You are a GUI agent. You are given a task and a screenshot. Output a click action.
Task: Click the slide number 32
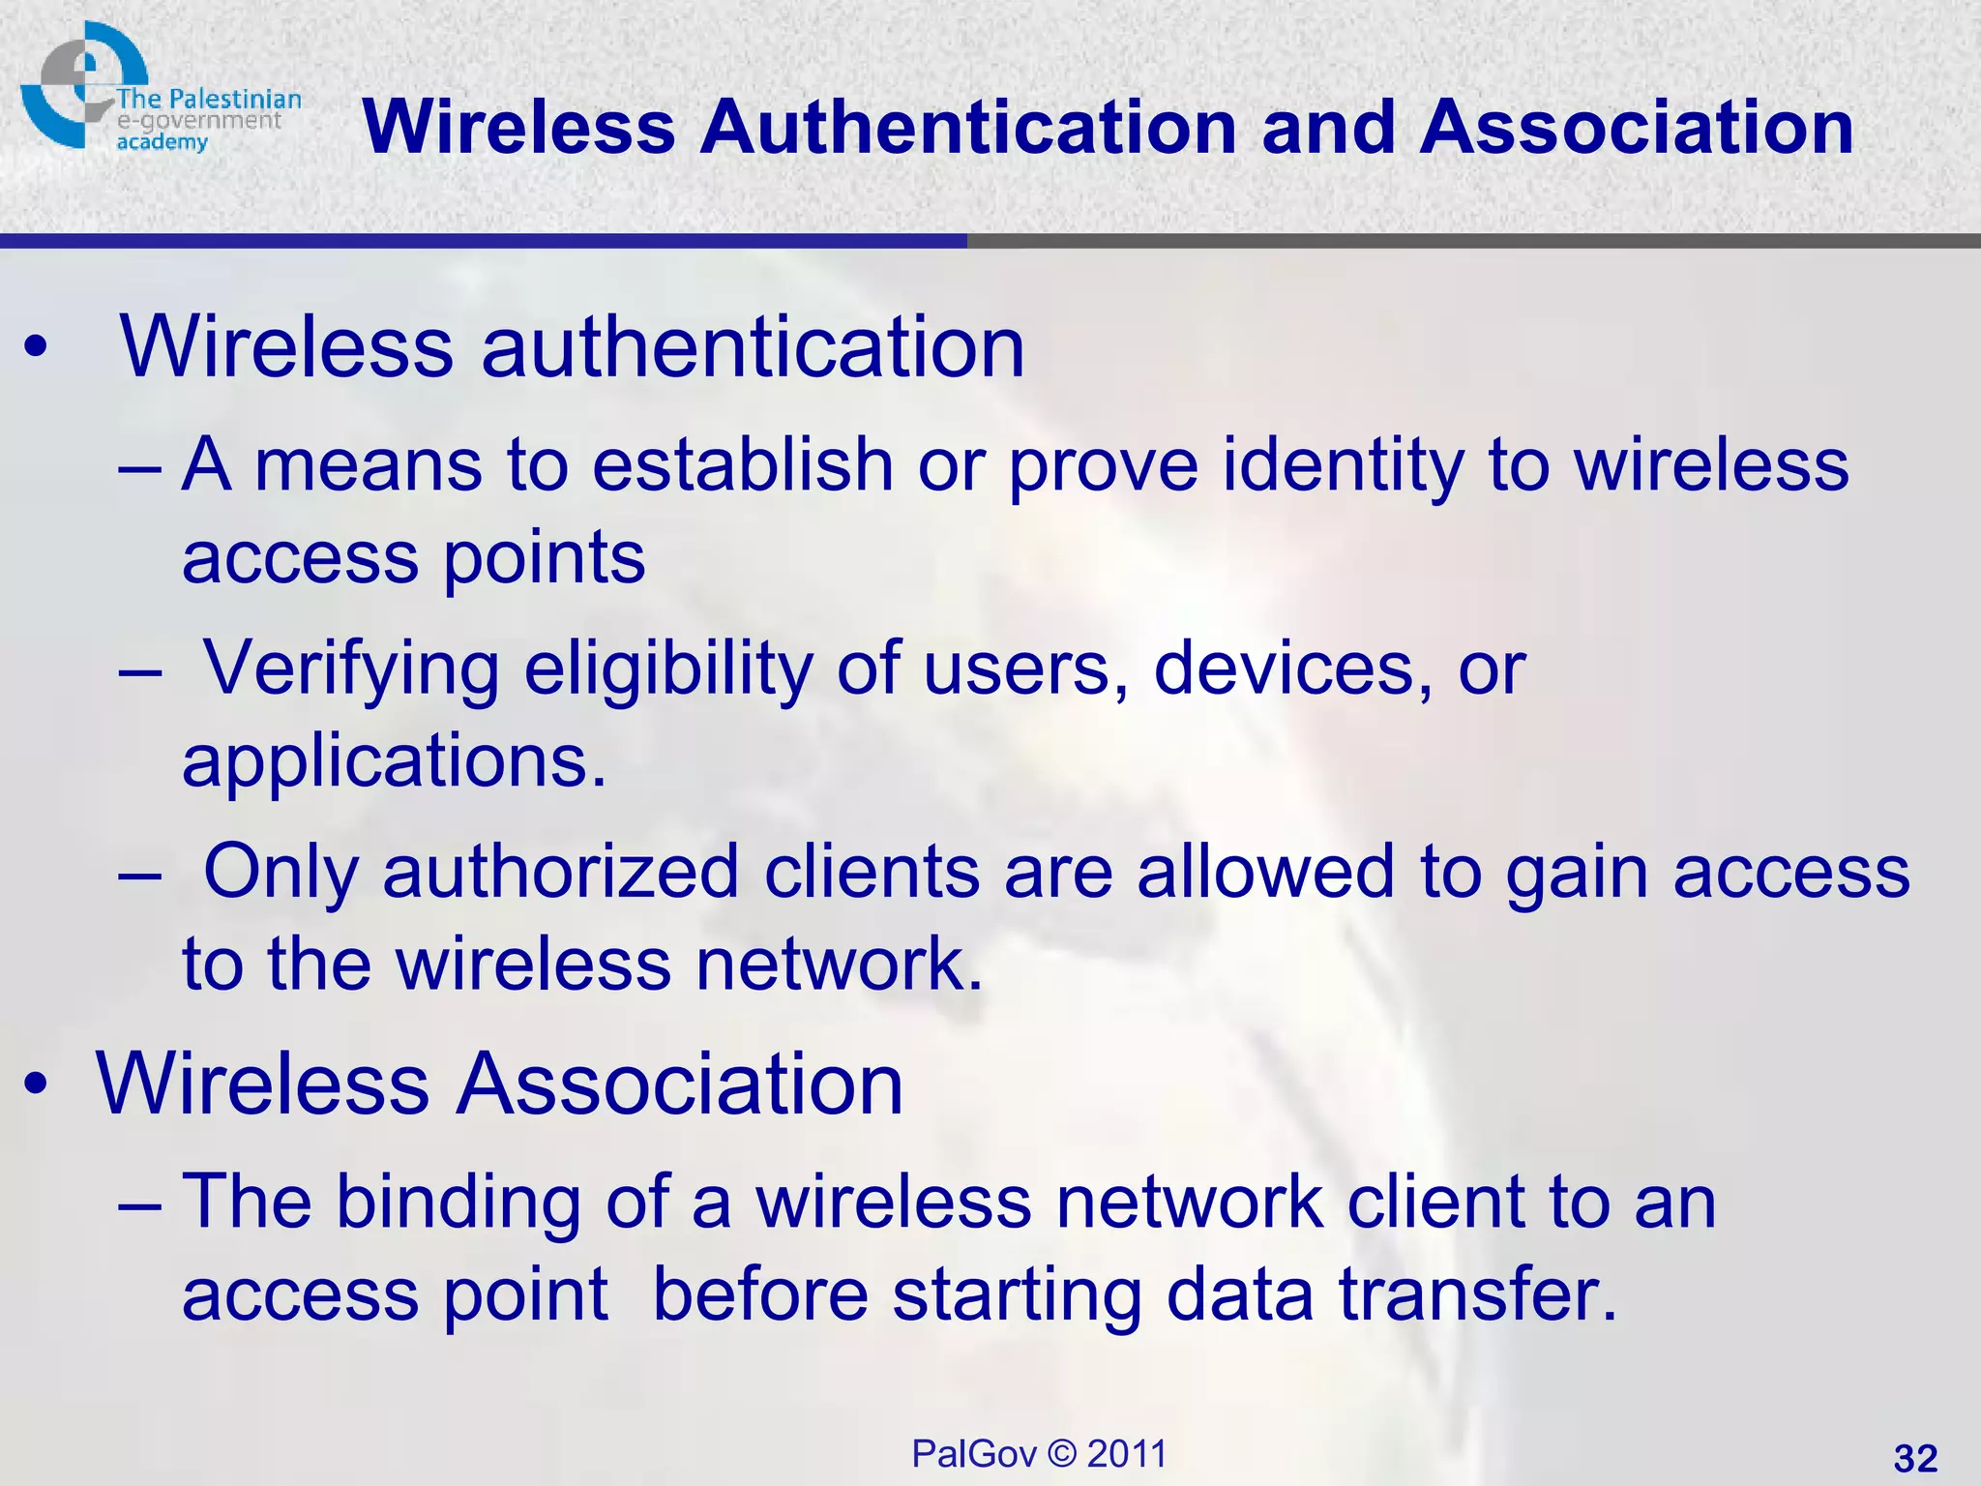click(x=1915, y=1458)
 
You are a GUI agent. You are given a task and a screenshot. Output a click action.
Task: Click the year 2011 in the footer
click(x=1127, y=1454)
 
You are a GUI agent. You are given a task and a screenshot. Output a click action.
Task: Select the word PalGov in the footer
click(x=973, y=1454)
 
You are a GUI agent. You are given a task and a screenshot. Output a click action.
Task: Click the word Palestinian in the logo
click(x=235, y=100)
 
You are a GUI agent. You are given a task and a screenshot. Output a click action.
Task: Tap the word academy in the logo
click(x=163, y=142)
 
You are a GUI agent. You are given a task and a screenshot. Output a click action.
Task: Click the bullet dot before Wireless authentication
click(x=36, y=350)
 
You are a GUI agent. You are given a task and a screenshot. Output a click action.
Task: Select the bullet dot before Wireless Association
click(x=36, y=1085)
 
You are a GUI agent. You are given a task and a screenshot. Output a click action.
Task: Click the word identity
click(x=1344, y=466)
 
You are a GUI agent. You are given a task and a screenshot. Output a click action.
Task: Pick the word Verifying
click(x=352, y=669)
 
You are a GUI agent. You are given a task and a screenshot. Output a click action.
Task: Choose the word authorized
click(x=561, y=873)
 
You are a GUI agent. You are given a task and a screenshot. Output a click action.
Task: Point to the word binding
click(x=458, y=1202)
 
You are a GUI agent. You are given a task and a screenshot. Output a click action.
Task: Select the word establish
click(x=743, y=466)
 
